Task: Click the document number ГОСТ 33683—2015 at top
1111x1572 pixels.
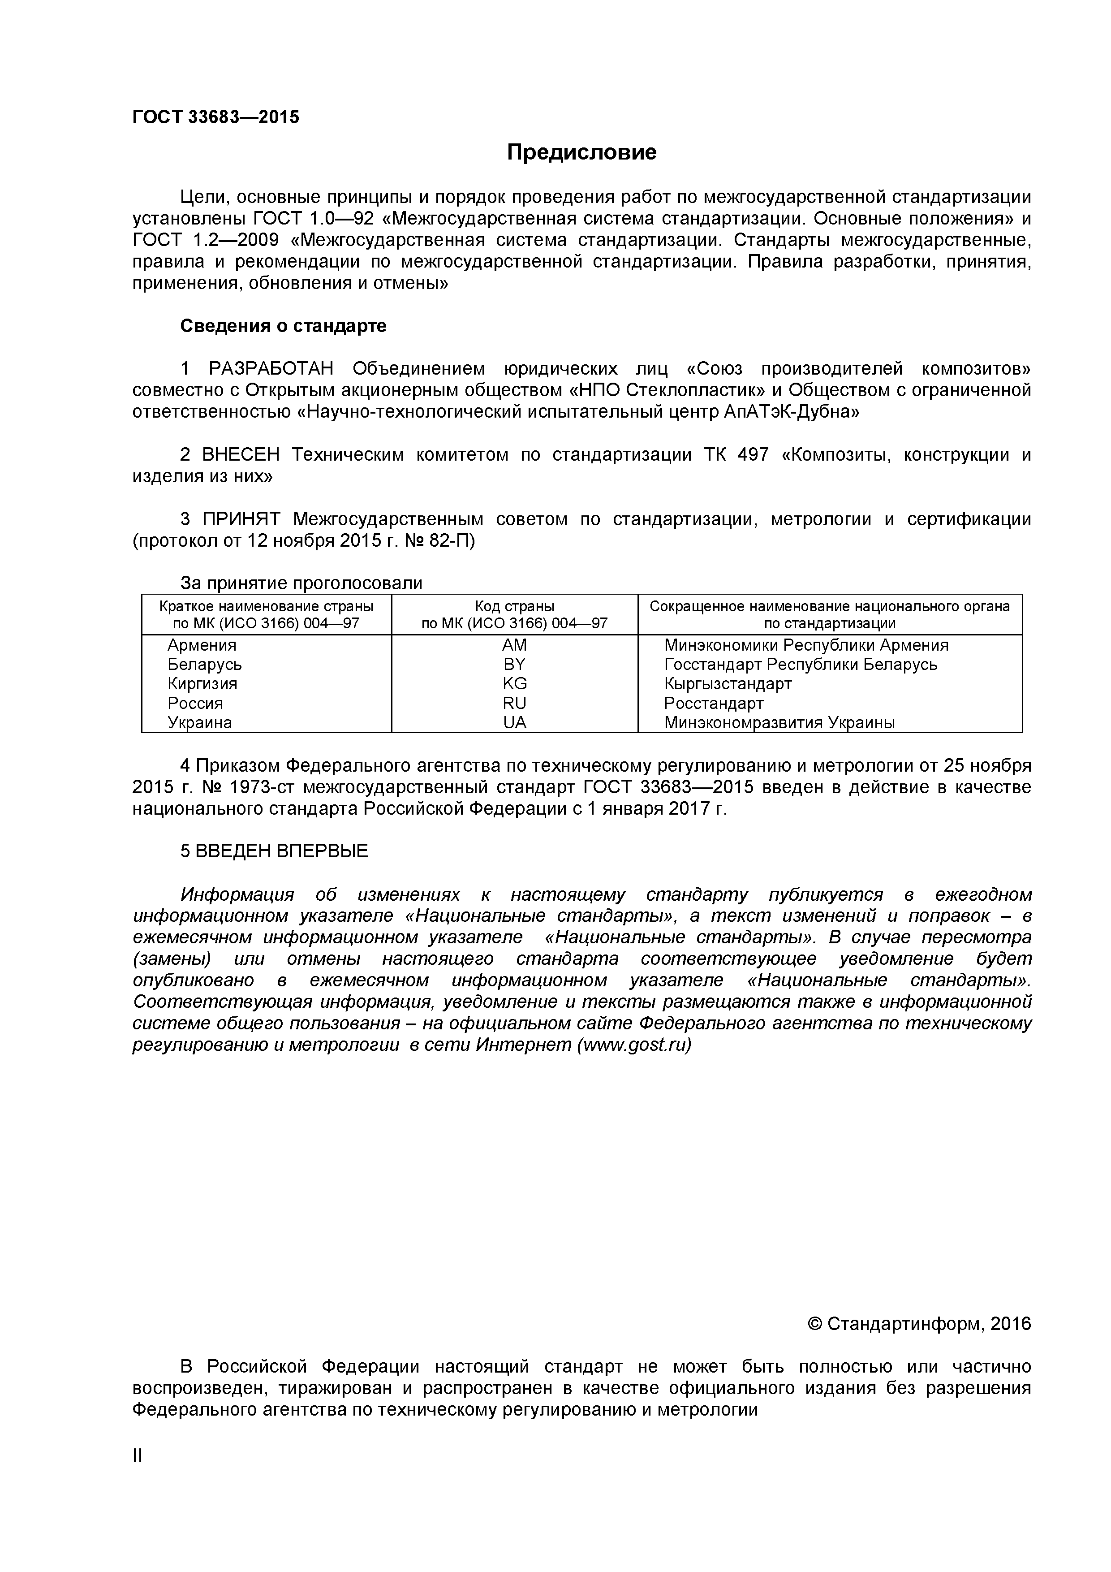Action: (x=215, y=117)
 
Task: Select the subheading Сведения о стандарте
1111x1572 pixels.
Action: (x=283, y=326)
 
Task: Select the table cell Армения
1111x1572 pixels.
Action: (x=202, y=645)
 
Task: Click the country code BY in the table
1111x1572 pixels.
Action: (x=514, y=664)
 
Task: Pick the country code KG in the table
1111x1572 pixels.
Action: (x=514, y=683)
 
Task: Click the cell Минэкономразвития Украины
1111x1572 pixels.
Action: (x=779, y=722)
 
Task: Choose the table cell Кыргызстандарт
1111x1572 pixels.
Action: (x=728, y=683)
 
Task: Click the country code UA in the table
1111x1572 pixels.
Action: (x=514, y=722)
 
